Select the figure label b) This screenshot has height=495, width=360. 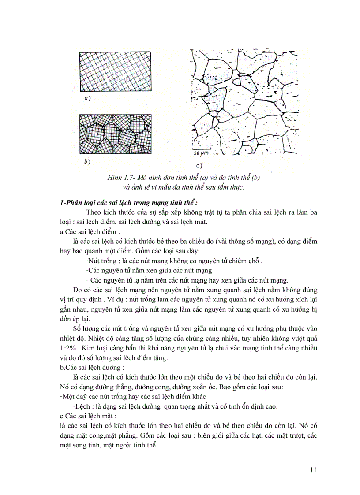[x=87, y=162]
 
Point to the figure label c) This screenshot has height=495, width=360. [x=198, y=166]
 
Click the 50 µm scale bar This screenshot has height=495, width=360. [x=201, y=154]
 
